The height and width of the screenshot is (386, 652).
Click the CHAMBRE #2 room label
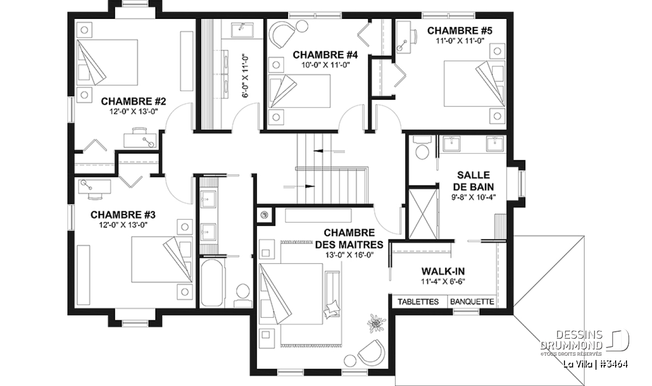133,101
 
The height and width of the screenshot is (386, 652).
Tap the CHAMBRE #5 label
460,30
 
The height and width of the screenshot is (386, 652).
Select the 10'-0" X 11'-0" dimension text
325,65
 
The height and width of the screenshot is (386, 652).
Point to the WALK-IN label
443,271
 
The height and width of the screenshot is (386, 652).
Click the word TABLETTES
418,302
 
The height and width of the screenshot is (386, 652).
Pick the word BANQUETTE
472,302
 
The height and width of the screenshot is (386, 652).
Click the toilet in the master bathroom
422,148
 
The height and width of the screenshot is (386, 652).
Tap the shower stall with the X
423,214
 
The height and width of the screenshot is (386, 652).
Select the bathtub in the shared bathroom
212,283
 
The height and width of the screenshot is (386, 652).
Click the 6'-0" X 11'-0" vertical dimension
245,77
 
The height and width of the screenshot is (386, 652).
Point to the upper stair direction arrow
329,151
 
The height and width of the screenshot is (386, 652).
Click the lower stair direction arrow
299,187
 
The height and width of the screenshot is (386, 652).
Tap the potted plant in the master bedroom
376,323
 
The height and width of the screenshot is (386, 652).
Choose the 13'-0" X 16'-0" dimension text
349,255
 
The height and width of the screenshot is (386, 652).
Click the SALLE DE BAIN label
473,181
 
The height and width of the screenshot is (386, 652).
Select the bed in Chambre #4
299,91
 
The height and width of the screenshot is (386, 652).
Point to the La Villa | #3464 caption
595,364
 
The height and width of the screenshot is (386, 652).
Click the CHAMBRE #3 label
123,214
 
